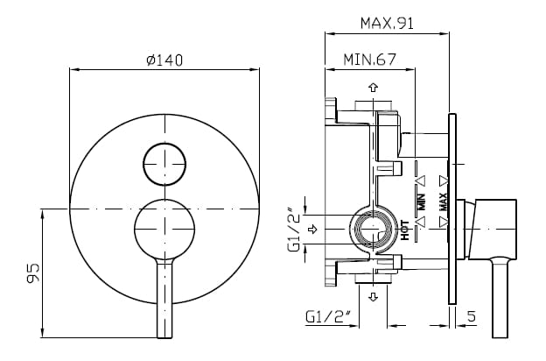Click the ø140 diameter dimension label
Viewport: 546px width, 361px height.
[164, 60]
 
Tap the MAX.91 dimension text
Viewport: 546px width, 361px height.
[387, 24]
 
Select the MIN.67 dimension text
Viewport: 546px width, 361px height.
[370, 60]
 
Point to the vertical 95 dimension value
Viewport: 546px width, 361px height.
[32, 273]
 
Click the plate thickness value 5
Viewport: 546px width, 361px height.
[471, 316]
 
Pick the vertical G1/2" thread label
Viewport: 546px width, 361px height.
[293, 230]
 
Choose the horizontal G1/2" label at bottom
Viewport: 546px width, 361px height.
[327, 316]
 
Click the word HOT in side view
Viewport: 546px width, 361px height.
[404, 230]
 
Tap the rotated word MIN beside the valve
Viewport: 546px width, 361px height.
[422, 202]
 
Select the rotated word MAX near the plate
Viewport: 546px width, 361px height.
[443, 202]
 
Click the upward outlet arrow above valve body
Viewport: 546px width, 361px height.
[374, 88]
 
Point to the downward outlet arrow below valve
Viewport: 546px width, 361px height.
[374, 297]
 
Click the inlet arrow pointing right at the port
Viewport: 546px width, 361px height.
[313, 230]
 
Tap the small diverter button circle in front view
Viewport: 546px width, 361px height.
[164, 164]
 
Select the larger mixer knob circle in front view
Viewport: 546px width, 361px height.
[164, 230]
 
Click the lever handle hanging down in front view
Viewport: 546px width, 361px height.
[164, 298]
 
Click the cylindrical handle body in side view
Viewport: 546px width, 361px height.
[492, 230]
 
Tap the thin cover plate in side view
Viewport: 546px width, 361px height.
[452, 209]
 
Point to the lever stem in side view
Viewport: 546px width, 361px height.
[500, 298]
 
